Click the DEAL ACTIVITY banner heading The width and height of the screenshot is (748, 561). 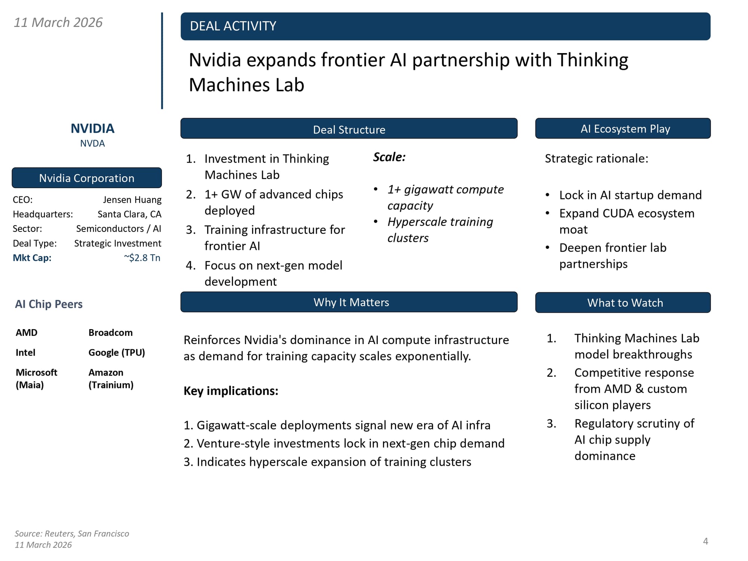[x=233, y=26]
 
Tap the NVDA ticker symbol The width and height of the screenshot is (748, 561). [x=92, y=144]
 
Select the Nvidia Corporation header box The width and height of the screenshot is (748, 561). [x=87, y=178]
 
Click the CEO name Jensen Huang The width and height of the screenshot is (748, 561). [x=132, y=200]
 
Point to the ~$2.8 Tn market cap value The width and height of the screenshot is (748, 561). [x=142, y=258]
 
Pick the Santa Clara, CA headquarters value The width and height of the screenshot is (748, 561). [x=129, y=214]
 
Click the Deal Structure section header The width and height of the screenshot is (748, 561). [x=349, y=129]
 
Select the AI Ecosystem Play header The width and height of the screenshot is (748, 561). [x=625, y=129]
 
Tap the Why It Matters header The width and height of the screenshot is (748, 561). [x=351, y=302]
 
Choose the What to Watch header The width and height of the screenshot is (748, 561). [x=625, y=303]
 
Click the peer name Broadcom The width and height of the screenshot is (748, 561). [x=110, y=332]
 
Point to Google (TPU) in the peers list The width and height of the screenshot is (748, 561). [x=116, y=352]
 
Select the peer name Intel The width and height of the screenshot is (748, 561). [x=25, y=352]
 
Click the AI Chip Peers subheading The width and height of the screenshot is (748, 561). [x=49, y=304]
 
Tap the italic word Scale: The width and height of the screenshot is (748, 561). [x=389, y=157]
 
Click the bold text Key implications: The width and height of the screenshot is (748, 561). [x=231, y=391]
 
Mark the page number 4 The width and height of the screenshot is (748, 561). [x=705, y=541]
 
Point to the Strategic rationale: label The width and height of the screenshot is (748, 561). [x=596, y=159]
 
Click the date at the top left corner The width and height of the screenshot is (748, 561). [x=58, y=22]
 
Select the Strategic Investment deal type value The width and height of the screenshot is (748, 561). [x=117, y=243]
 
